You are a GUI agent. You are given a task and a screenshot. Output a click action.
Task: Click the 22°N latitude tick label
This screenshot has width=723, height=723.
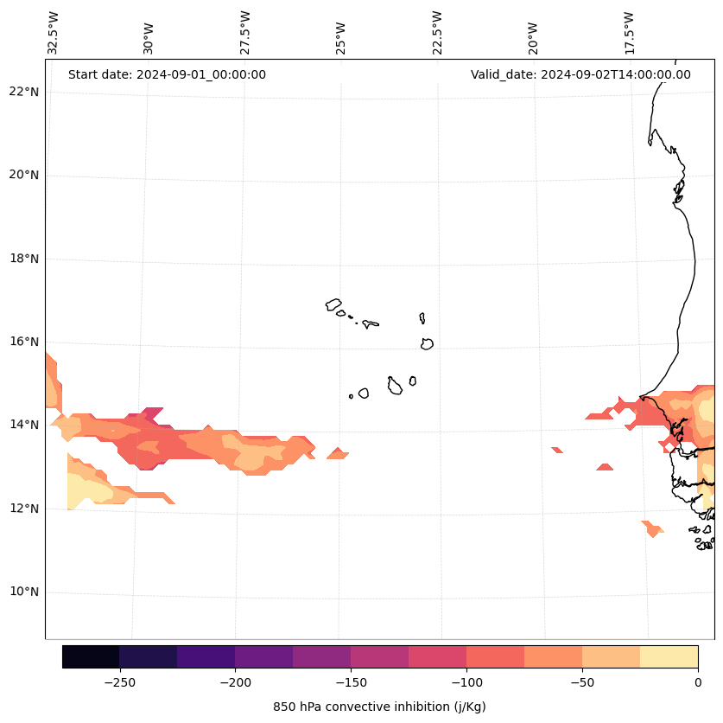pos(22,92)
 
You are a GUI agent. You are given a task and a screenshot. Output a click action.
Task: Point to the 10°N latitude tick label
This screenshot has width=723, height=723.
pos(22,592)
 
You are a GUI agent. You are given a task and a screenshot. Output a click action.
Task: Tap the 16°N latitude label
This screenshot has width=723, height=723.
pos(22,342)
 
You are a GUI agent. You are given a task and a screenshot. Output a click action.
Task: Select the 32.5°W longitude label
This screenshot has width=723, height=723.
pos(54,33)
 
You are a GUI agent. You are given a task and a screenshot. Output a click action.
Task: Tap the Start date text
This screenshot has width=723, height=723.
pos(167,74)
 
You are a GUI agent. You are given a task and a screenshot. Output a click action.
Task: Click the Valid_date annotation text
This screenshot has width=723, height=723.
pos(580,74)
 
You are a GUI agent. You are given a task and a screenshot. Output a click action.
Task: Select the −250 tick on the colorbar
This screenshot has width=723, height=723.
pos(119,681)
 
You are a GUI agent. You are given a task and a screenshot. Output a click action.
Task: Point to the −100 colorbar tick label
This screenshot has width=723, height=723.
pos(466,681)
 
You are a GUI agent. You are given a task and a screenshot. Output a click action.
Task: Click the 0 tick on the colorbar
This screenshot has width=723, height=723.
pos(698,681)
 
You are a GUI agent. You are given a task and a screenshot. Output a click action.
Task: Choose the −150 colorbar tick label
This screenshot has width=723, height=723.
pos(351,681)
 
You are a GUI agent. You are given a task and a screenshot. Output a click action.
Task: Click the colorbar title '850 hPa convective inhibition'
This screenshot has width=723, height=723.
pos(379,707)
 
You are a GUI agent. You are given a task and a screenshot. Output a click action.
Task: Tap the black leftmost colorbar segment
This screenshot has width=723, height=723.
pos(91,656)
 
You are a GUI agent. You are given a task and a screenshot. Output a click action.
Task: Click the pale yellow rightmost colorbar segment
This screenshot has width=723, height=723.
pos(669,656)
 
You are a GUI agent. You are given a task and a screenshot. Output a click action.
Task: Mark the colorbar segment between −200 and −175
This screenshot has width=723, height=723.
pos(263,656)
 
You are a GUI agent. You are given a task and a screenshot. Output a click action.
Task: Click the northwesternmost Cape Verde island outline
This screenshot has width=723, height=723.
pos(333,304)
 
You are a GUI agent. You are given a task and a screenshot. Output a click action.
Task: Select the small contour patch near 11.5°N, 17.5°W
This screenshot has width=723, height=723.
pos(652,528)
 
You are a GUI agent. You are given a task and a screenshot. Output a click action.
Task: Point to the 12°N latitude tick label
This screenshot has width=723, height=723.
pos(22,509)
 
